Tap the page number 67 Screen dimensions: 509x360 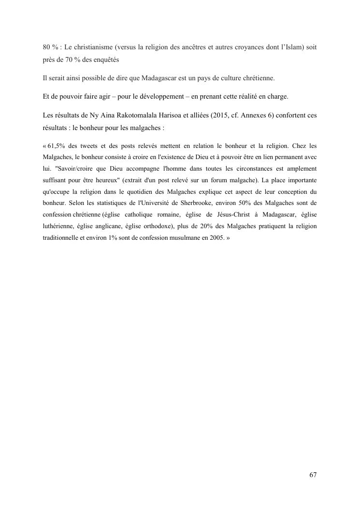click(x=313, y=475)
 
